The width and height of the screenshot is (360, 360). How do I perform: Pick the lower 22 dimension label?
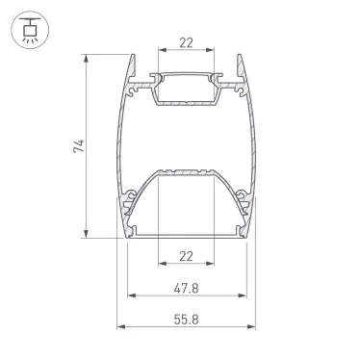coord(187,256)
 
